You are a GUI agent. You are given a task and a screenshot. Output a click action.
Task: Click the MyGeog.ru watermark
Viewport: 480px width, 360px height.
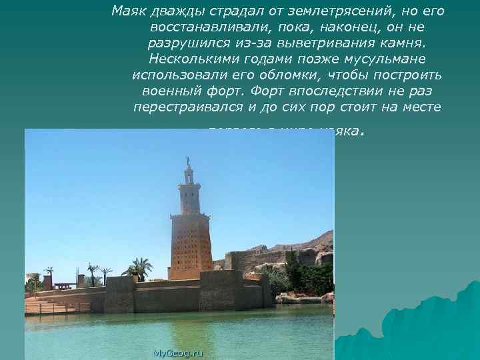[x=177, y=352]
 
